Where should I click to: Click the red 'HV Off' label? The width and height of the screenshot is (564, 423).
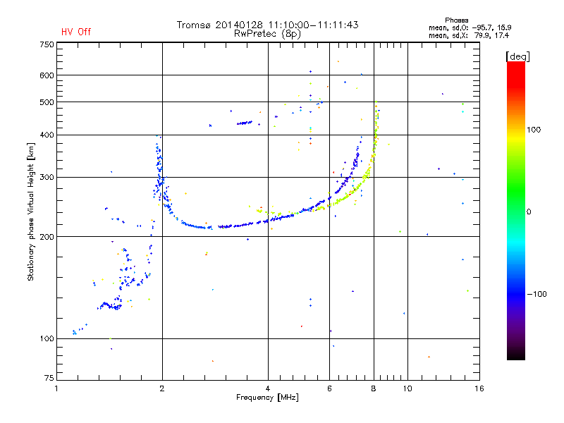tap(75, 32)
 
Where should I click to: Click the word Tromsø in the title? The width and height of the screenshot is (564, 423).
tap(194, 25)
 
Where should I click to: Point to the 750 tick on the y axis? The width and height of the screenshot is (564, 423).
tap(47, 44)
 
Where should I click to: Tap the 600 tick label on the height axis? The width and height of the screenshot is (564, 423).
tap(47, 75)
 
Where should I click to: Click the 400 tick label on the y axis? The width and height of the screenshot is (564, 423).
tap(47, 135)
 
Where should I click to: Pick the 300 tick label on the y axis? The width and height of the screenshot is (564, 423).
tap(47, 178)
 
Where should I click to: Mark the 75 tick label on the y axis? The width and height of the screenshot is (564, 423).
tap(49, 381)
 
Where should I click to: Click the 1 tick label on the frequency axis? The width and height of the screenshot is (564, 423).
tap(56, 388)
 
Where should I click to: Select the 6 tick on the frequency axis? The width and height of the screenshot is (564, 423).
tap(329, 388)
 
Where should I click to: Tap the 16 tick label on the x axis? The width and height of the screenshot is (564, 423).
tap(479, 388)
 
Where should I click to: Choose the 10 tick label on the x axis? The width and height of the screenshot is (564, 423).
tap(407, 388)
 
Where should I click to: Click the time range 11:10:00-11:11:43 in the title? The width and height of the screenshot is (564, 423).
tap(309, 25)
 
